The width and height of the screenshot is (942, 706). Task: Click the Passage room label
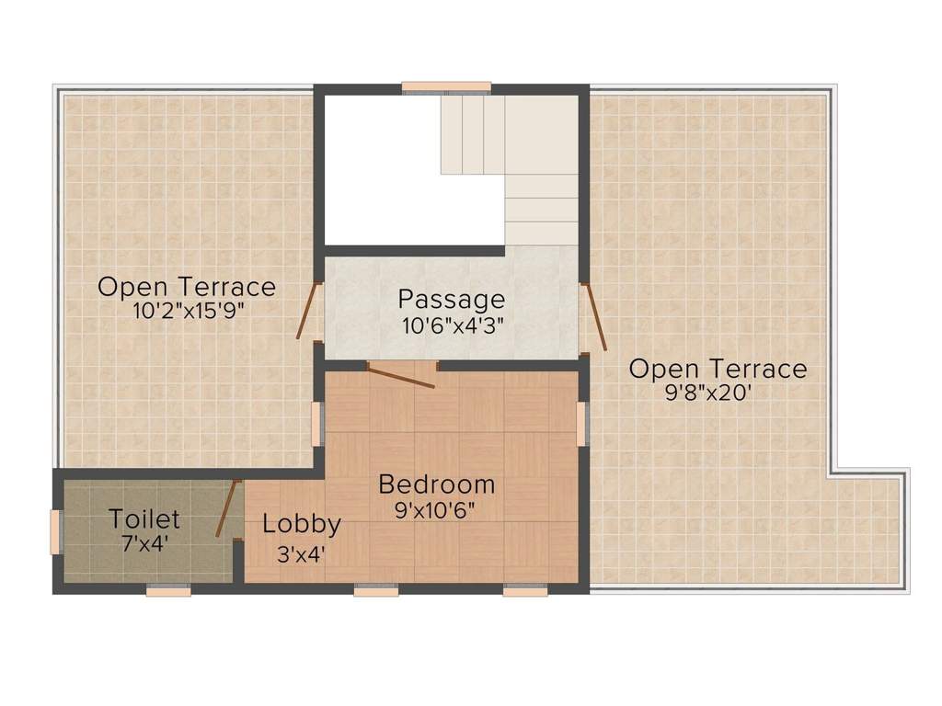click(x=451, y=299)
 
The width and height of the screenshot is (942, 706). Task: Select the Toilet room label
click(x=144, y=519)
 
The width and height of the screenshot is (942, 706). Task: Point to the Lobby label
click(x=302, y=525)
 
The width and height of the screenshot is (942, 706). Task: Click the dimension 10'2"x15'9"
click(x=187, y=311)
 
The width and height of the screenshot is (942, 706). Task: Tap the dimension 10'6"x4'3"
click(x=452, y=325)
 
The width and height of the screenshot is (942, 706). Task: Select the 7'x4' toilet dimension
click(x=144, y=543)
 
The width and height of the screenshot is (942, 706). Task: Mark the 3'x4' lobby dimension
click(x=302, y=553)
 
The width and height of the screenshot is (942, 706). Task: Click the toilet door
click(x=227, y=508)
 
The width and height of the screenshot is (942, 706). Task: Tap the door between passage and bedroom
click(x=400, y=375)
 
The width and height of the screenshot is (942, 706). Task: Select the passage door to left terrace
click(x=309, y=311)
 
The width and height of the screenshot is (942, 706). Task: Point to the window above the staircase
click(x=446, y=88)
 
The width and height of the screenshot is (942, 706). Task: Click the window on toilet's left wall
click(x=55, y=532)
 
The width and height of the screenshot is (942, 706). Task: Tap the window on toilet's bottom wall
click(x=168, y=590)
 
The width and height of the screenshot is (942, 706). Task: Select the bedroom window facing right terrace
click(x=581, y=423)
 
